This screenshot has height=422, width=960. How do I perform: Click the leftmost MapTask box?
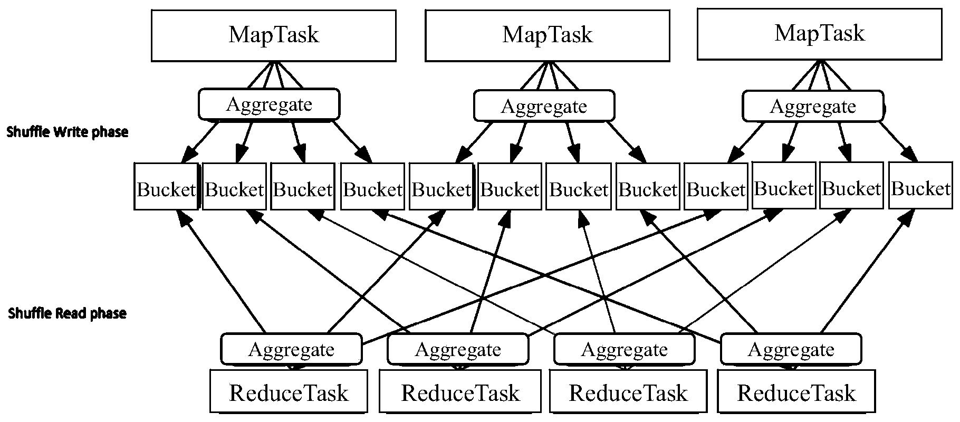[273, 35]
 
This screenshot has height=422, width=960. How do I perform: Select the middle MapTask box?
[547, 35]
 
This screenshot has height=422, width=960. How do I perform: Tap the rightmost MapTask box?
[819, 33]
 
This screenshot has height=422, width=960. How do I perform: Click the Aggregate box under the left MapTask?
[269, 104]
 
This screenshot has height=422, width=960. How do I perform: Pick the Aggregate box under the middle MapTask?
[544, 106]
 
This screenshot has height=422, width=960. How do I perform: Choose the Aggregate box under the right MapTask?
[813, 106]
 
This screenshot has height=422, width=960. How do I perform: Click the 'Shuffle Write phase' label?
[68, 132]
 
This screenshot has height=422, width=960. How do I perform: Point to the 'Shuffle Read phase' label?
[68, 314]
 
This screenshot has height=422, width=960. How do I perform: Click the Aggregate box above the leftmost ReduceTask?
[291, 349]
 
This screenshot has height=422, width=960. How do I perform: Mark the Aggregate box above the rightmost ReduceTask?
[791, 349]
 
